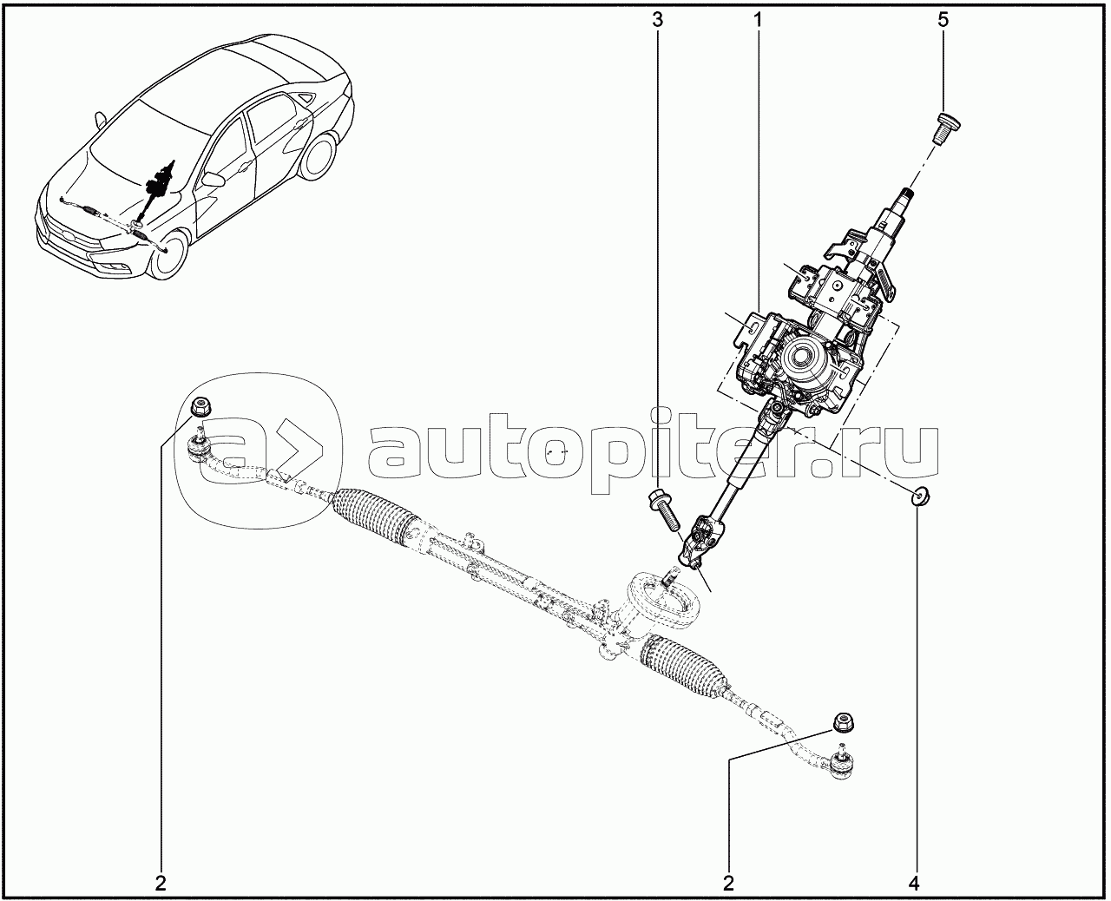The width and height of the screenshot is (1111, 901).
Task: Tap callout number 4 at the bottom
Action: (x=913, y=884)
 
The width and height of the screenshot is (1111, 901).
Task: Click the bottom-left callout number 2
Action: (x=161, y=884)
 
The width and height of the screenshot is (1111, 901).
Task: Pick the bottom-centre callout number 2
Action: (x=728, y=884)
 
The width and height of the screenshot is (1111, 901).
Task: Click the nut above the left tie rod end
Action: (x=201, y=404)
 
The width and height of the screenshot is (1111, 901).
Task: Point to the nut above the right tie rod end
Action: (x=839, y=722)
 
